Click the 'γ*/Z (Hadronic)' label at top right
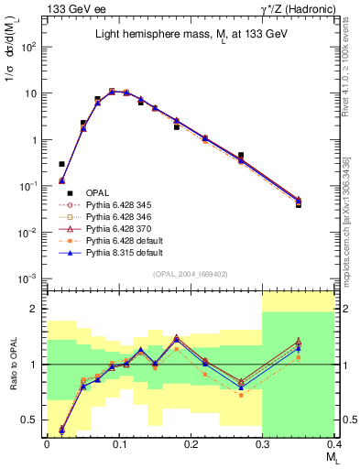pos(299,8)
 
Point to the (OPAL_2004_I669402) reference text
pos(190,272)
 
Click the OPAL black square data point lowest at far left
pos(61,164)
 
